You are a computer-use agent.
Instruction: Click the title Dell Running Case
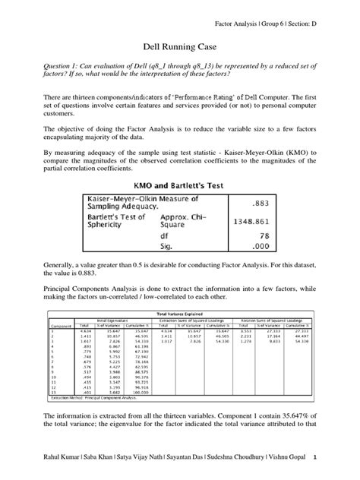point(180,46)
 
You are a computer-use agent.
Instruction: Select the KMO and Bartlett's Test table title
point(180,185)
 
